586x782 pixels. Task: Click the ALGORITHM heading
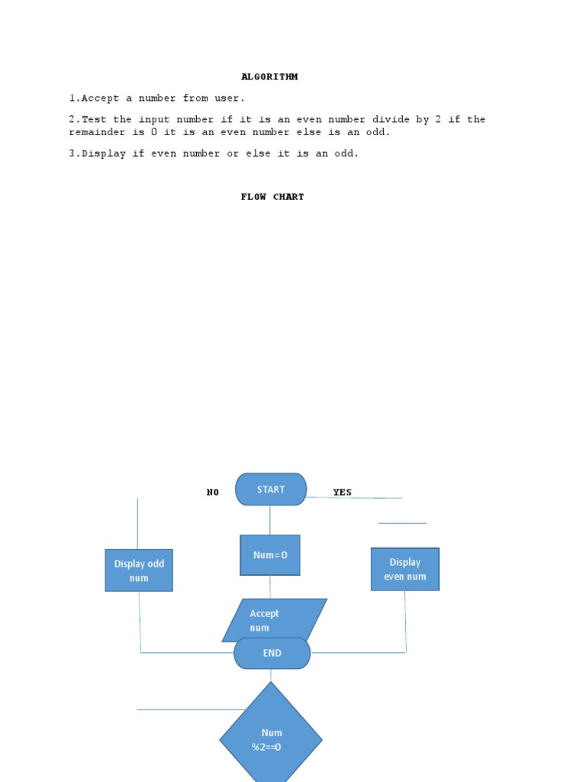pos(269,77)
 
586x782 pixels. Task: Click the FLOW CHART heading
pos(272,197)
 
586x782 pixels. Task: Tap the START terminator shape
pos(271,490)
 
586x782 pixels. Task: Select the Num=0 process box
pos(270,555)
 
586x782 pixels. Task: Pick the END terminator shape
pos(272,653)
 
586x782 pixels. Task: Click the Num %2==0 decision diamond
pos(271,735)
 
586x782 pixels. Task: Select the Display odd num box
pos(139,570)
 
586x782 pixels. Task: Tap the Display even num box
pos(405,569)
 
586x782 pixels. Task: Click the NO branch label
pos(213,493)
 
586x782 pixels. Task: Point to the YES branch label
pos(343,493)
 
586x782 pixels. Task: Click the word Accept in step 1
pos(100,99)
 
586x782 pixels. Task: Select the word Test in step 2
pos(94,120)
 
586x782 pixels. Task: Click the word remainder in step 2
pos(97,132)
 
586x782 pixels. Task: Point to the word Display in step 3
pos(103,153)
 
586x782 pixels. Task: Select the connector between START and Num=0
pos(270,520)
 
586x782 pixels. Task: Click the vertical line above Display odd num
pos(137,524)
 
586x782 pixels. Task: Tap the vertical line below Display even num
pos(405,622)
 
